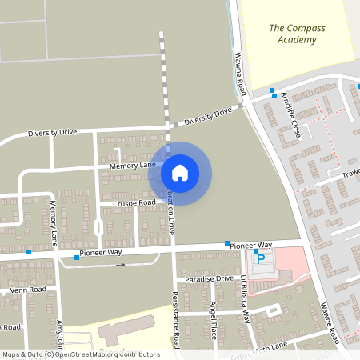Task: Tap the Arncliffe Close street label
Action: (289, 116)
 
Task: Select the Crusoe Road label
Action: (133, 203)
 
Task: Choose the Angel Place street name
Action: (214, 320)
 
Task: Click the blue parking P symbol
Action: (259, 258)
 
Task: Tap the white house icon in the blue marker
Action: (180, 172)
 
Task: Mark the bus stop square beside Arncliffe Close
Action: (273, 90)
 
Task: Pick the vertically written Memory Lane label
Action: (54, 223)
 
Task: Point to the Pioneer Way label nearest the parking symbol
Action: (252, 244)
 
